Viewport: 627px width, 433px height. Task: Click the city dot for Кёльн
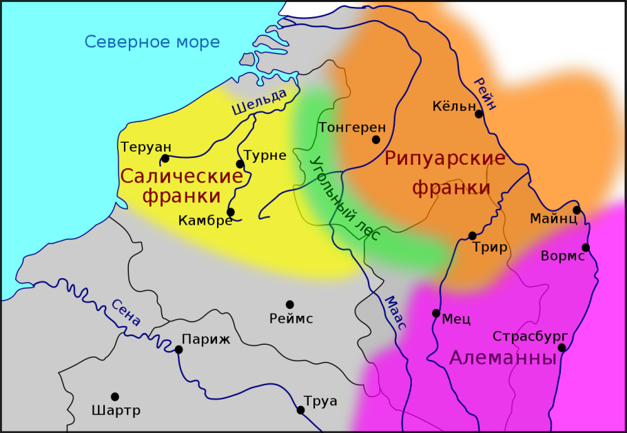coord(479,114)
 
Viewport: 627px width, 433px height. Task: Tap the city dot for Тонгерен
coord(376,139)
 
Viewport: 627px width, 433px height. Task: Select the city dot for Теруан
coord(165,159)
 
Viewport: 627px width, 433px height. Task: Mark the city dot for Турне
coord(240,164)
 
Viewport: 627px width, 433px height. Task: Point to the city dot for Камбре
coord(230,212)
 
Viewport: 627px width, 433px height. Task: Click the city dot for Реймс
coord(290,304)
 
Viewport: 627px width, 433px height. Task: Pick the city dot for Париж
coord(178,350)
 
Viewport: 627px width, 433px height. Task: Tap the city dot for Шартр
coord(115,396)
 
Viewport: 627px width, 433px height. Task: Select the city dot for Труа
coord(300,410)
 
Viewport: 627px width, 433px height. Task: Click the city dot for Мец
coord(435,313)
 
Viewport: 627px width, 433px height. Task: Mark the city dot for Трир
coord(472,236)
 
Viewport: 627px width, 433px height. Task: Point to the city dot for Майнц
coord(577,210)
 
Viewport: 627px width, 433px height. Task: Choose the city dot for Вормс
coord(586,248)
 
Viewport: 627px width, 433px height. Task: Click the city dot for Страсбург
coord(562,348)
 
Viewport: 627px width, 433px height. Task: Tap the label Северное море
coord(152,42)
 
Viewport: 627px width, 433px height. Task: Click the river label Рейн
coord(484,93)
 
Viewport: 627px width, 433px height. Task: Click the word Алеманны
coord(502,358)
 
